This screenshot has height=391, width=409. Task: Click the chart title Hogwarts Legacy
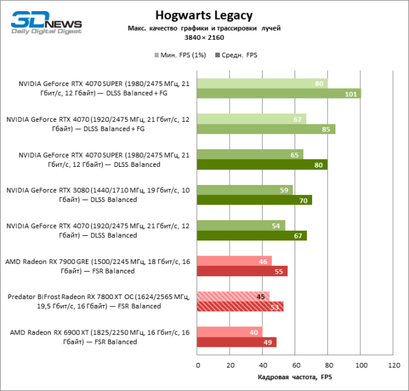[204, 15]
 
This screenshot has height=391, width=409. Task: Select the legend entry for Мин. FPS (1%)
[180, 55]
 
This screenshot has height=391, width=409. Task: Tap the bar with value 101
[278, 94]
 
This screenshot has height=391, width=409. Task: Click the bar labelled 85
[265, 129]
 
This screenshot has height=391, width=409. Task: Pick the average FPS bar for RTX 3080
[254, 200]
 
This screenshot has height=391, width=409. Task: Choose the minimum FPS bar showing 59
[244, 190]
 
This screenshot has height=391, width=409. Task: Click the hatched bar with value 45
[233, 296]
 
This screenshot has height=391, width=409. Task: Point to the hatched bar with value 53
[239, 306]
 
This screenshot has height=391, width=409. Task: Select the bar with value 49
[236, 341]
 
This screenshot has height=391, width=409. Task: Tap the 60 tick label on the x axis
[295, 366]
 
